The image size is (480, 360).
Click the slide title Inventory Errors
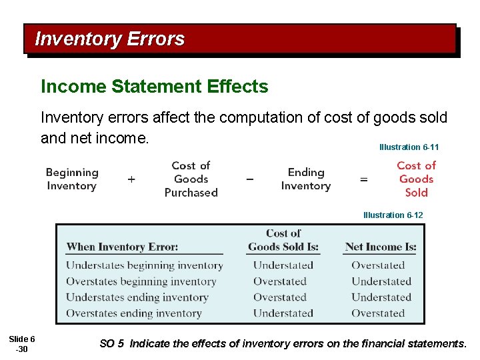click(x=109, y=39)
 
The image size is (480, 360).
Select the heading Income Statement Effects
click(x=154, y=87)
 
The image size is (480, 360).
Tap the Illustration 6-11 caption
click(x=409, y=147)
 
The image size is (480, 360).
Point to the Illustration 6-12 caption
click(x=393, y=215)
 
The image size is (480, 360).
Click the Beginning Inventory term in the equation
click(x=72, y=179)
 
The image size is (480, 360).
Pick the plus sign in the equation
click(x=131, y=179)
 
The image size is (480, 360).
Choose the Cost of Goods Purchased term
click(x=191, y=179)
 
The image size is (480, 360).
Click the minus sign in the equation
click(x=249, y=179)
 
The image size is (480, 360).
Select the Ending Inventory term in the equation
click(x=306, y=179)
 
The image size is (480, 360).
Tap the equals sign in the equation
click(x=364, y=179)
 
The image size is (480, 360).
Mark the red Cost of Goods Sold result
click(x=416, y=179)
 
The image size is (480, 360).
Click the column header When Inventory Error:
click(x=122, y=247)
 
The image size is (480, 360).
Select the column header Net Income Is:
click(x=381, y=247)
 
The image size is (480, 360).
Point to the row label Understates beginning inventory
click(x=144, y=265)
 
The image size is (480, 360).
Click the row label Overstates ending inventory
click(x=133, y=313)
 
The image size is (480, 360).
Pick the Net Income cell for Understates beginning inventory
click(x=378, y=265)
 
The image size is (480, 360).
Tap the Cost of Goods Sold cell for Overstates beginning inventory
click(x=279, y=281)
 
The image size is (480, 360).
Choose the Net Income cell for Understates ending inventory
click(x=381, y=297)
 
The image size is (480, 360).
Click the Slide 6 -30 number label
click(x=23, y=345)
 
